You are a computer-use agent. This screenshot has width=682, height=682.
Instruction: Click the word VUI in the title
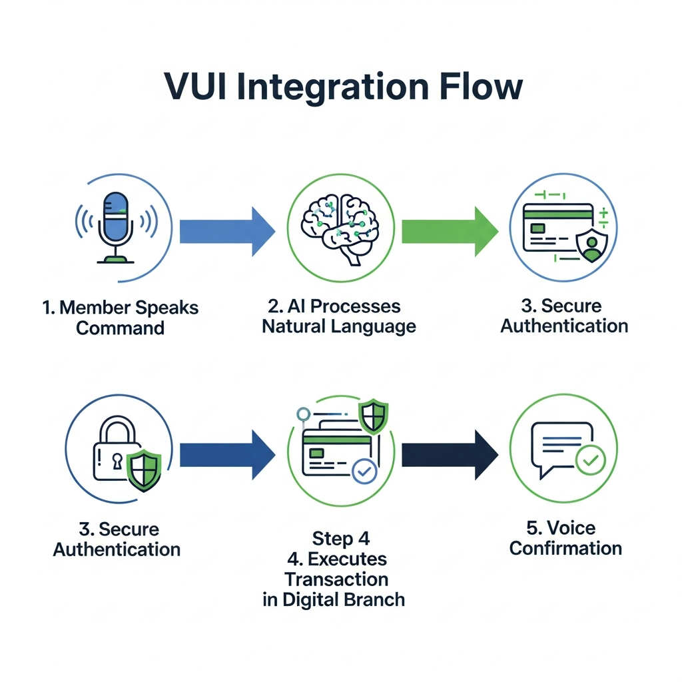[198, 87]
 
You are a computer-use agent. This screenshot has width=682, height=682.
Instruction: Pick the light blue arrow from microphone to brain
[226, 231]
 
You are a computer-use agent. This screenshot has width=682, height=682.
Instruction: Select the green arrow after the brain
[449, 231]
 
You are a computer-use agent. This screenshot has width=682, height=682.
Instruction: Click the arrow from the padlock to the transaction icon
[226, 455]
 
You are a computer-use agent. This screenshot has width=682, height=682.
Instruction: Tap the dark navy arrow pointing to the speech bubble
[449, 455]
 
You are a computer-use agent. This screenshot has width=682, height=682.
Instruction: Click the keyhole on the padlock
[117, 461]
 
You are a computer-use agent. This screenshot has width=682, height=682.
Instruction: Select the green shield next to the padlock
[144, 469]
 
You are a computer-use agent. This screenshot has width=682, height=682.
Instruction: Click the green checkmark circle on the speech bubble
[589, 460]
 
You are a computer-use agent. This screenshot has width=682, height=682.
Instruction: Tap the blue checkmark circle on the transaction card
[364, 472]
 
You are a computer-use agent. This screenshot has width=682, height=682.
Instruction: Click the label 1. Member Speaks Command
[120, 318]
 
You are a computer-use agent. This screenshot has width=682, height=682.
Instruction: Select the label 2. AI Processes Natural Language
[339, 316]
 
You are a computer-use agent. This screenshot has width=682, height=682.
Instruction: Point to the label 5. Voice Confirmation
[565, 538]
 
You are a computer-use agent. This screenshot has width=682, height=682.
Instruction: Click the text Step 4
[340, 538]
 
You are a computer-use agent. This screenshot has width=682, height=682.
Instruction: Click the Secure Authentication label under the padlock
[117, 539]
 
